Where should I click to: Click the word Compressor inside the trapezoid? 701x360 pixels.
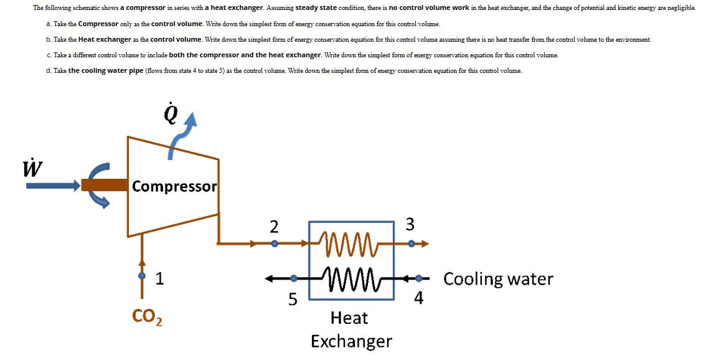click(x=174, y=186)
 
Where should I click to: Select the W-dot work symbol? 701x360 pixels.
click(x=27, y=168)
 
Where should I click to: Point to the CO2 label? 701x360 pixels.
click(x=148, y=318)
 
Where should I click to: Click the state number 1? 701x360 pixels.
click(x=159, y=278)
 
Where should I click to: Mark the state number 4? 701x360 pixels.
click(x=418, y=300)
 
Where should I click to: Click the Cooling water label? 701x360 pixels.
click(x=498, y=278)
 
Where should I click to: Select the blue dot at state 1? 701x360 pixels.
click(x=143, y=275)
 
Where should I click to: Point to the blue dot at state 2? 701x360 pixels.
click(x=273, y=244)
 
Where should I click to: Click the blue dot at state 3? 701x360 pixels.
click(x=411, y=244)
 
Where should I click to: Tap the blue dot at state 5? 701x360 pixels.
click(x=293, y=278)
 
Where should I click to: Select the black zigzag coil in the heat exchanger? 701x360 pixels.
click(x=346, y=275)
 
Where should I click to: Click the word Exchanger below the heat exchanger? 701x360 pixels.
click(x=351, y=341)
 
